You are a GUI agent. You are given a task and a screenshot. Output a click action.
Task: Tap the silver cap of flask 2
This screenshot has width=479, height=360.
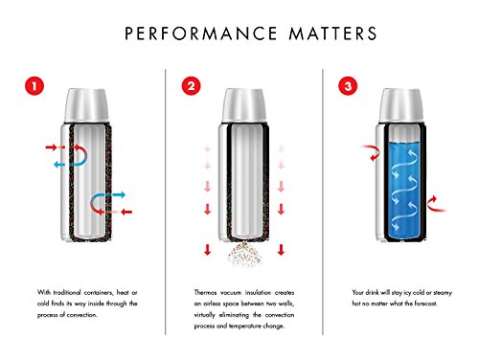240,102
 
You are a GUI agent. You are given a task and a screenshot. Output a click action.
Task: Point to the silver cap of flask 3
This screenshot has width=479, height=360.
399,102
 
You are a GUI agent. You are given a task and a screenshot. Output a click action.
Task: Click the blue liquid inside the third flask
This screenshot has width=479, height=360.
399,177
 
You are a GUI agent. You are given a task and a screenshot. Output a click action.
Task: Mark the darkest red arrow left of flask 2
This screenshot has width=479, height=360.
207,250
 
